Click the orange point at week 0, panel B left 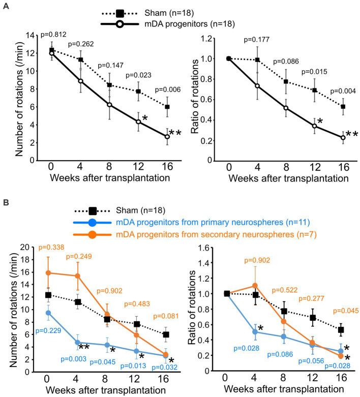(x=48, y=272)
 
